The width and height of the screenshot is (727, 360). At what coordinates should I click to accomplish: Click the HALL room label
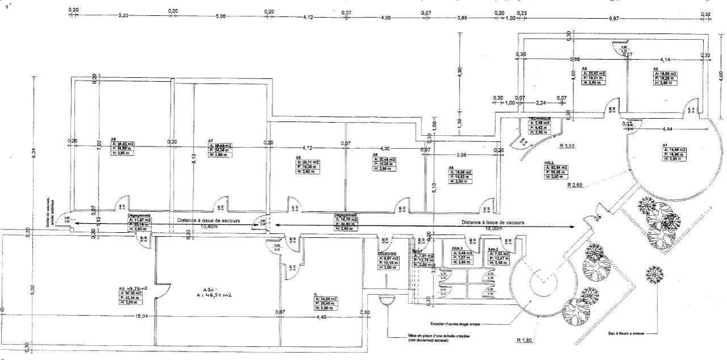[549, 162]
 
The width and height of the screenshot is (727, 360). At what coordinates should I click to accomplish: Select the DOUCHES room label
[386, 254]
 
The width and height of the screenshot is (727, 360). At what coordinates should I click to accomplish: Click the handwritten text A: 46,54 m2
[215, 295]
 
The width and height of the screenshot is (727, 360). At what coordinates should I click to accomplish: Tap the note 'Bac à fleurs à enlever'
[625, 334]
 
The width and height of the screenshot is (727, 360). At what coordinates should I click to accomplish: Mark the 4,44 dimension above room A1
[666, 129]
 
